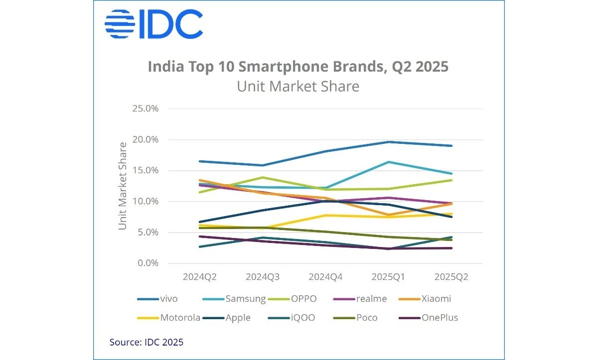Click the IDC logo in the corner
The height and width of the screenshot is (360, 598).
(x=153, y=24)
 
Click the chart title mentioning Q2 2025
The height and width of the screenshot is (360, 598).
(x=298, y=67)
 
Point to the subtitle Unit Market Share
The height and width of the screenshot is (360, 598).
(x=298, y=86)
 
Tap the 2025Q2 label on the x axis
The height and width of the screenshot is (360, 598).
(x=451, y=276)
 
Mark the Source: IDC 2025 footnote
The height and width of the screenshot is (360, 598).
(x=147, y=342)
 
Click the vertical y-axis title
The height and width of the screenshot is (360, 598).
(x=123, y=186)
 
